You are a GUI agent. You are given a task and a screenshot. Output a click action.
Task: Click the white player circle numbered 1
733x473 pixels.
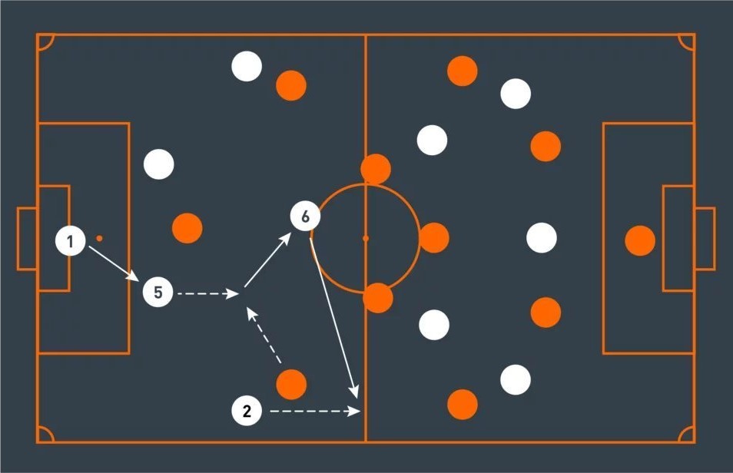[x=71, y=243]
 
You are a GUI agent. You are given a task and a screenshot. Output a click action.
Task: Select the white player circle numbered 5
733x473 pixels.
[x=158, y=293]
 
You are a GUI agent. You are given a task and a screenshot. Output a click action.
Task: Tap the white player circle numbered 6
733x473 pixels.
[x=305, y=217]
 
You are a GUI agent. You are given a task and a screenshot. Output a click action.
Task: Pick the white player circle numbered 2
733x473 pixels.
[x=247, y=411]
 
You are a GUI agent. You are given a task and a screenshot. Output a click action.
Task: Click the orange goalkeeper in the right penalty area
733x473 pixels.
[x=640, y=241]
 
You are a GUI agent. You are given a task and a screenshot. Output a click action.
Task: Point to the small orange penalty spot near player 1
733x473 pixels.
[x=99, y=238]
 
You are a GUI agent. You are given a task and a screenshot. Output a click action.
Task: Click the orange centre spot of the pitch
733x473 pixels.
[x=365, y=239]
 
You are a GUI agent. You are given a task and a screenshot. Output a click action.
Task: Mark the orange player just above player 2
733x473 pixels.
[x=291, y=384]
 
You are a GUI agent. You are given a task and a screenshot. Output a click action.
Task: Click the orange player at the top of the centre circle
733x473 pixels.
[x=376, y=169]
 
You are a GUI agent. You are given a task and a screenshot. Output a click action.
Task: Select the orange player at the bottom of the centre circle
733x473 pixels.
[x=377, y=297]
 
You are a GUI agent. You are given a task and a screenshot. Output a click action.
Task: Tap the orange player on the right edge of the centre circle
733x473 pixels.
[x=434, y=238]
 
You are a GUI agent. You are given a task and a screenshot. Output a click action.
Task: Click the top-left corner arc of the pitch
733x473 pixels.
[x=45, y=41]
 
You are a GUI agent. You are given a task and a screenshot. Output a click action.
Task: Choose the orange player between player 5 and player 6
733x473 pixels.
[x=187, y=228]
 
